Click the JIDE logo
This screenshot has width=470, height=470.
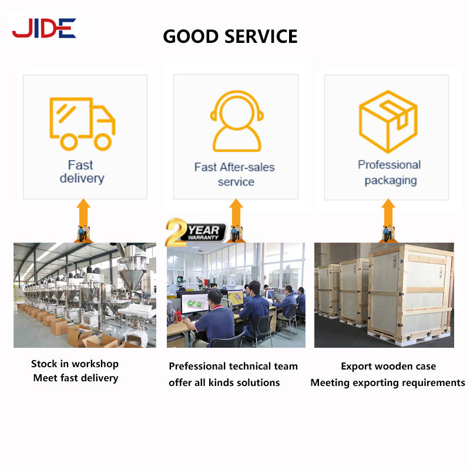tap(44, 28)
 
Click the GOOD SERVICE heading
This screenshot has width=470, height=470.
tap(230, 36)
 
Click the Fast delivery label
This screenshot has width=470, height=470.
tap(81, 172)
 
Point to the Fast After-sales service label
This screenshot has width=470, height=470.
tap(234, 174)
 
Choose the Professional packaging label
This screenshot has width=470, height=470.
tap(390, 172)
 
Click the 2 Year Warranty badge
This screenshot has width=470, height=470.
tap(196, 231)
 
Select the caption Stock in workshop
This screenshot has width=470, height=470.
tap(75, 364)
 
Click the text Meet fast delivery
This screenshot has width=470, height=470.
tap(76, 378)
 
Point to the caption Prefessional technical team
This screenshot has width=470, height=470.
tap(233, 366)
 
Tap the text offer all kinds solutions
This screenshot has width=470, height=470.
tap(224, 382)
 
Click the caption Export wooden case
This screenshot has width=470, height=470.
tap(388, 366)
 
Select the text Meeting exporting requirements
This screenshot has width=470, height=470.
tap(388, 382)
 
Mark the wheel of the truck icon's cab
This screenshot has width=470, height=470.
tap(102, 141)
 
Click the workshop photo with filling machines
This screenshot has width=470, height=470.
tap(85, 295)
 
